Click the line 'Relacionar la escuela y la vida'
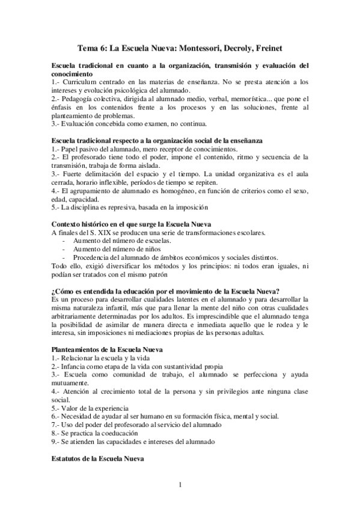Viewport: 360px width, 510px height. [102, 358]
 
